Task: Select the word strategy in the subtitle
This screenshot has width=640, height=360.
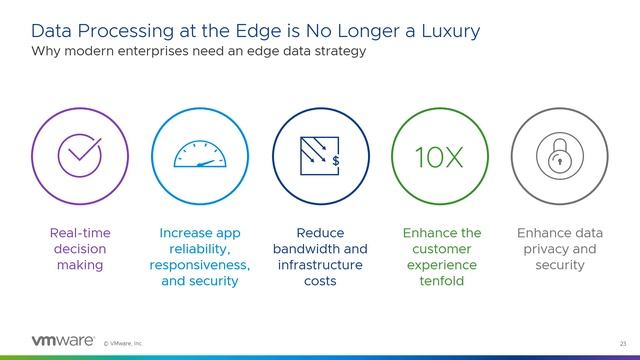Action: coord(338,50)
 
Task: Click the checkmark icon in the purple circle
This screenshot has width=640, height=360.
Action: coord(80,155)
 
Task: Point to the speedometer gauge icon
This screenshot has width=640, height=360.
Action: coord(200,155)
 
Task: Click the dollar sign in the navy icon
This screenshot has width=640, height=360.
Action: coord(336,160)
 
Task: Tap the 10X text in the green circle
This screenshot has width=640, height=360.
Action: coord(440,157)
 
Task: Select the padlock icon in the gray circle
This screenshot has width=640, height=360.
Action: coord(559,156)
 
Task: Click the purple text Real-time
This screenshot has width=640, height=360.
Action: coord(80,233)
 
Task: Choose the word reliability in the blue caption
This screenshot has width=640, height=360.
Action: coord(200,249)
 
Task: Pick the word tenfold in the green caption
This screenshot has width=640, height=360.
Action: coord(441,281)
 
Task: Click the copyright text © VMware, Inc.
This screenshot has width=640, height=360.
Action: coord(124,342)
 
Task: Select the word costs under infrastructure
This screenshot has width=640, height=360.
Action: coord(320,281)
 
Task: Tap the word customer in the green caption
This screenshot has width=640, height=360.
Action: coord(441,249)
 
